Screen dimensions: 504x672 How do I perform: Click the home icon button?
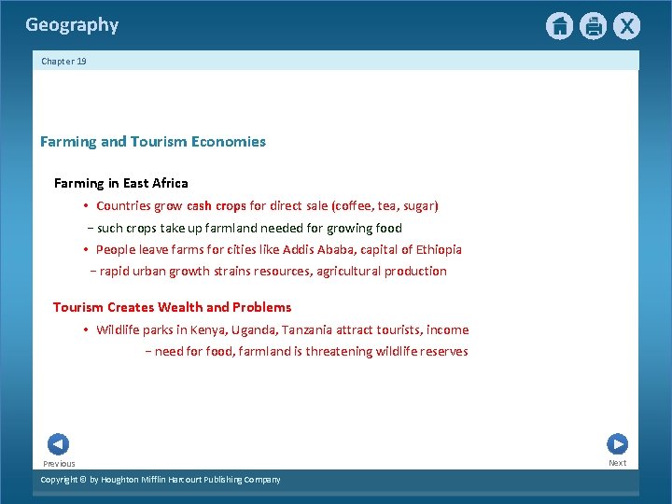coord(559,26)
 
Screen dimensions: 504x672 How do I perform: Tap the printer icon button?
coord(593,26)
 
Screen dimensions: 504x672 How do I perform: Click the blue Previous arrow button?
coord(58,444)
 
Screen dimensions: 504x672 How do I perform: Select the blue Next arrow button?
coord(617,444)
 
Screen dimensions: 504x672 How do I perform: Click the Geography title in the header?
coord(72,25)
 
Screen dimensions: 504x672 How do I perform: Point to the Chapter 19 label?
coord(63,62)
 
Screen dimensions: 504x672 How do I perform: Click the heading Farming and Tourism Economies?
coord(153,142)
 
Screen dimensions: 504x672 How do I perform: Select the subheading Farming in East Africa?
coord(121,183)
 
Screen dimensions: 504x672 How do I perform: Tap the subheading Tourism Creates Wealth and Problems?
coord(173,307)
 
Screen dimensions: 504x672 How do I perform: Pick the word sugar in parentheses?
coord(417,205)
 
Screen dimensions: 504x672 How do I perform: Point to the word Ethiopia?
coord(436,249)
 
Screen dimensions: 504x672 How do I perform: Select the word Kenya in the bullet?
coord(210,329)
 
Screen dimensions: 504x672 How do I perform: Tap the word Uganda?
coord(257,329)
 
